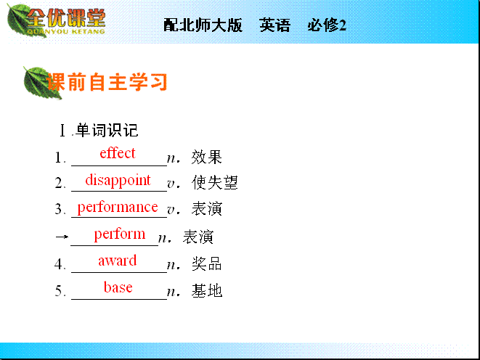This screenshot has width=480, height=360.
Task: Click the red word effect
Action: [x=118, y=153]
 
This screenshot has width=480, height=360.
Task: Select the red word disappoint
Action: [x=118, y=181]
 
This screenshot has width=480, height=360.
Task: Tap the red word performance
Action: [x=118, y=208]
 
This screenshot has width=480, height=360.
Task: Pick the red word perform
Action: [x=119, y=234]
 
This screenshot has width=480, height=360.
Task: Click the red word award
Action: [x=117, y=261]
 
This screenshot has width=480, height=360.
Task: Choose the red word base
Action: [x=118, y=287]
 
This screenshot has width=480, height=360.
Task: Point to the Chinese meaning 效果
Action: [x=207, y=157]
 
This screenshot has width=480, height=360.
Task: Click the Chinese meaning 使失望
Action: [x=215, y=183]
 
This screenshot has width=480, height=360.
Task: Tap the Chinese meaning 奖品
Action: [x=207, y=263]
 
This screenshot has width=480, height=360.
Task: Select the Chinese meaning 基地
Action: [x=207, y=290]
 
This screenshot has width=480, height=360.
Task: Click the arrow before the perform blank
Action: [x=62, y=237]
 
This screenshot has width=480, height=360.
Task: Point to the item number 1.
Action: [x=60, y=157]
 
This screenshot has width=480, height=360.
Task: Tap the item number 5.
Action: [x=60, y=291]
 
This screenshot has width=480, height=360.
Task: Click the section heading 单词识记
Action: [x=107, y=131]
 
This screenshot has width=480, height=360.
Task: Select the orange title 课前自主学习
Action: [x=107, y=82]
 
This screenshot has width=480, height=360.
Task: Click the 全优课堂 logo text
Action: [x=66, y=18]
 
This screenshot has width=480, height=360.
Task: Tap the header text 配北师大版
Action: [x=203, y=25]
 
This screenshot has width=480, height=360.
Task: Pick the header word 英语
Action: [x=274, y=25]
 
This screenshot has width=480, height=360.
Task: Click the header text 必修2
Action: [x=327, y=25]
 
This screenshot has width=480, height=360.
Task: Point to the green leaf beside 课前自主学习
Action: [x=38, y=83]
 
